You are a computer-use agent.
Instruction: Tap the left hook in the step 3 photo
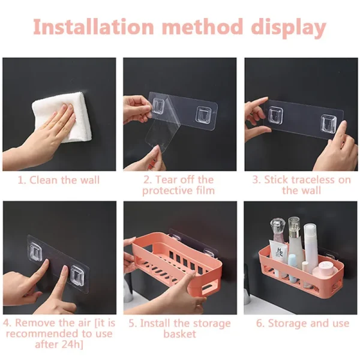277,113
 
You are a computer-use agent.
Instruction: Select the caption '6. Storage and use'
302,323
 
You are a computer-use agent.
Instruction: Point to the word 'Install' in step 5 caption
158,323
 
